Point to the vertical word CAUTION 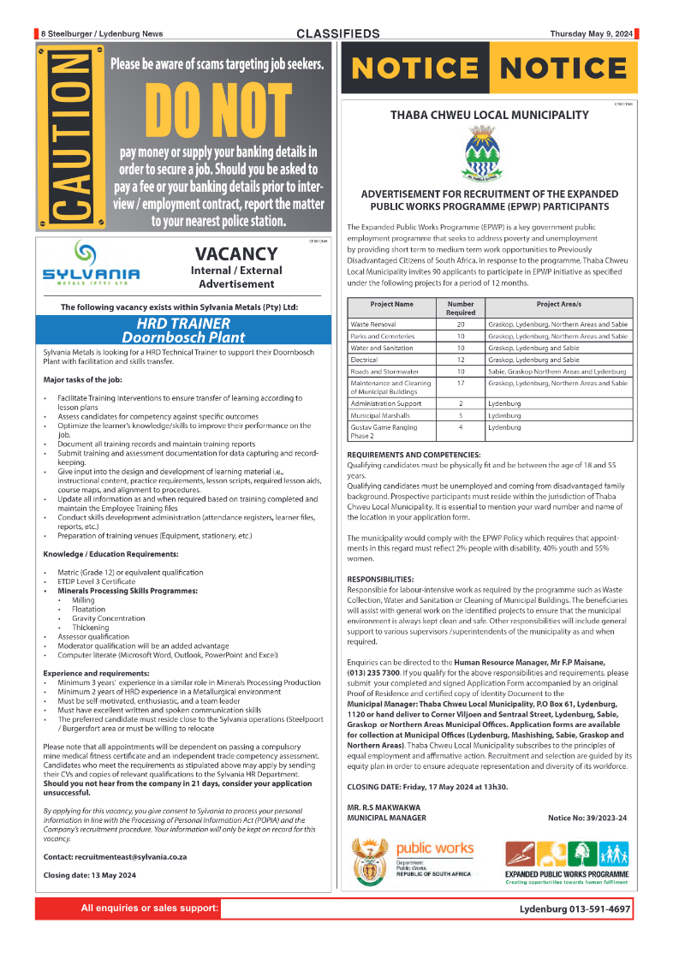(68, 136)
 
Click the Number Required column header (460, 308)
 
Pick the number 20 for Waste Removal (460, 325)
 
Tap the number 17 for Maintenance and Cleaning (460, 383)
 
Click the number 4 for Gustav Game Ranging (460, 426)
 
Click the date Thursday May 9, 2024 (591, 34)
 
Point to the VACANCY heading (236, 254)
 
